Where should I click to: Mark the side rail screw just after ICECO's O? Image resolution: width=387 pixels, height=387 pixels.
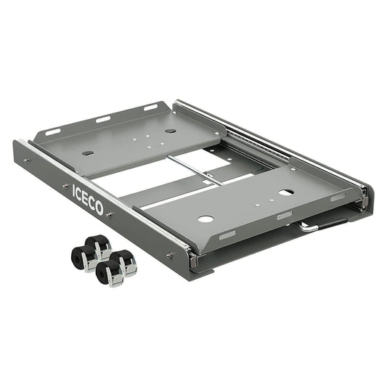[x=110, y=215]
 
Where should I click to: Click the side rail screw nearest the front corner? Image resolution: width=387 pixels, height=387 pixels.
[x=170, y=254]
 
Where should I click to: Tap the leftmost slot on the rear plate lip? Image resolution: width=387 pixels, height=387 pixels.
[x=53, y=132]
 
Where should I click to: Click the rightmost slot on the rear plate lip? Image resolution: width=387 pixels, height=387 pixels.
[x=150, y=107]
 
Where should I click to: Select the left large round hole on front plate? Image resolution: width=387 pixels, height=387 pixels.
[x=205, y=219]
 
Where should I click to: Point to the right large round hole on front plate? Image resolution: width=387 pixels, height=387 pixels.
[x=287, y=192]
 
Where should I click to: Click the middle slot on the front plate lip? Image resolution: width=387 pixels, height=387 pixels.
[x=285, y=216]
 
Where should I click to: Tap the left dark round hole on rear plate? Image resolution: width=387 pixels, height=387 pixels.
[x=88, y=153]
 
